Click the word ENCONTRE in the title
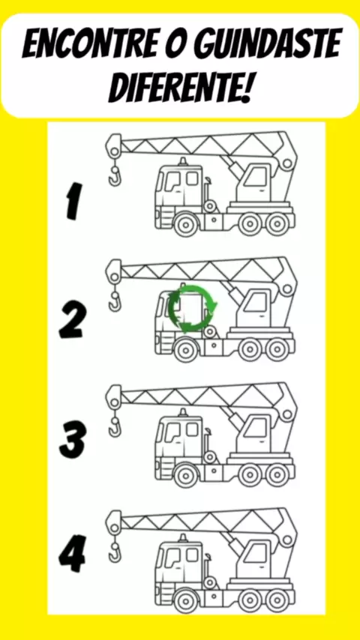tap(88, 43)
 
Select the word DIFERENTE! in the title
tap(180, 87)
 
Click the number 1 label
tap(74, 202)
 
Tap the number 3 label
tap(73, 439)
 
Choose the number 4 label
tap(72, 554)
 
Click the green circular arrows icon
tap(192, 308)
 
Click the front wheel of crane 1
tap(186, 224)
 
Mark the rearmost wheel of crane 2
tap(277, 349)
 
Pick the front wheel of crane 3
tap(186, 475)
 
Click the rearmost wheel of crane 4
tap(277, 600)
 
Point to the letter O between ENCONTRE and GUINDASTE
tap(175, 43)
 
